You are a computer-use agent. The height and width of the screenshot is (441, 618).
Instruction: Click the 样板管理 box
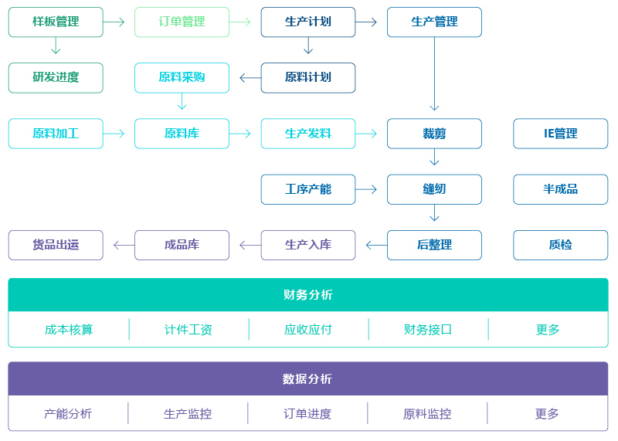(x=56, y=22)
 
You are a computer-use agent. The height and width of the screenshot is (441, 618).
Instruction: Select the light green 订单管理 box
(x=182, y=22)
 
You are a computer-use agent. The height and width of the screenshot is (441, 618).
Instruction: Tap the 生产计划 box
(x=307, y=22)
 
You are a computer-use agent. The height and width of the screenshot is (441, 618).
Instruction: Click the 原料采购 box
(x=182, y=78)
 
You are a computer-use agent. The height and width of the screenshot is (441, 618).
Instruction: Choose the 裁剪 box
(x=434, y=134)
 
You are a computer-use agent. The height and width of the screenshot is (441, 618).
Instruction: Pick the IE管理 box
(x=561, y=134)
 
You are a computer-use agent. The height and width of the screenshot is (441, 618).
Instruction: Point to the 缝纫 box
(x=434, y=189)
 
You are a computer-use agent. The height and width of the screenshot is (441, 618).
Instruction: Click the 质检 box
(x=561, y=245)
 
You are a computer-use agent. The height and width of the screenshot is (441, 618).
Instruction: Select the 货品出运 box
(x=56, y=245)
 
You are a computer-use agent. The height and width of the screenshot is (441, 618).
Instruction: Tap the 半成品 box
(x=561, y=189)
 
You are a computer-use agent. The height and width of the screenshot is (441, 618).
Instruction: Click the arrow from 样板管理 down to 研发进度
(x=56, y=46)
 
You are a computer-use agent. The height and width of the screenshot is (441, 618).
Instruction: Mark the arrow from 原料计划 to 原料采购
(x=250, y=78)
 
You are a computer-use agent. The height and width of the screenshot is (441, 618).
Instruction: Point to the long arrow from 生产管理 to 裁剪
(x=434, y=73)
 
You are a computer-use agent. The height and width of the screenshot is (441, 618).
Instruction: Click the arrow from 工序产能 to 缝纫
(x=365, y=189)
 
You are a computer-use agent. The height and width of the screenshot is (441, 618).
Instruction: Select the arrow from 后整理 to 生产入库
(x=376, y=245)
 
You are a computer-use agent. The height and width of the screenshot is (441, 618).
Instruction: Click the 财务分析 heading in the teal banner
(x=307, y=295)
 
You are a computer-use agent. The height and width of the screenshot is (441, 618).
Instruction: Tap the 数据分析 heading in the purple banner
(x=307, y=379)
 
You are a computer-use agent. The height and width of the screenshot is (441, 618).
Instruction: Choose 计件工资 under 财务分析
(x=188, y=330)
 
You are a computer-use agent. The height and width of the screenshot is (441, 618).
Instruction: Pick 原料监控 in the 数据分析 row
(x=427, y=414)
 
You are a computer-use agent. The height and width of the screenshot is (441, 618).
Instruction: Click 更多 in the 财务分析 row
(x=548, y=330)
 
